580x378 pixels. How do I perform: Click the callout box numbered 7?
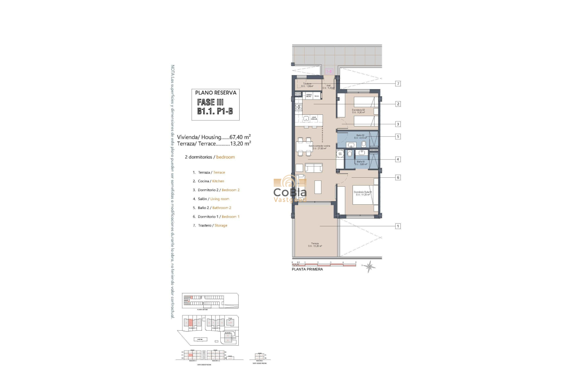398,84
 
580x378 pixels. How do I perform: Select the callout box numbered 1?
398,226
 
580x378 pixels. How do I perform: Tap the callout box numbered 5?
398,136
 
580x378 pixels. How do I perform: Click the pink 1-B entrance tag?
329,71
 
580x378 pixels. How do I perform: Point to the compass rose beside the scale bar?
369,267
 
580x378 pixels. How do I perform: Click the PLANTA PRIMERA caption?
307,270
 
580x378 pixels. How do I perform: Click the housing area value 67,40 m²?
240,137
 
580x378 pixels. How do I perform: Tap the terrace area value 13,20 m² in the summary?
240,144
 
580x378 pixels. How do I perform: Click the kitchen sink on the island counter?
306,119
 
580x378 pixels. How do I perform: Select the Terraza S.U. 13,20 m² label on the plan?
316,245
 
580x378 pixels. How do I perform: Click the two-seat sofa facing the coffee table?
313,168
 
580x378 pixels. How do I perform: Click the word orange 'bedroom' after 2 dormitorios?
226,157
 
